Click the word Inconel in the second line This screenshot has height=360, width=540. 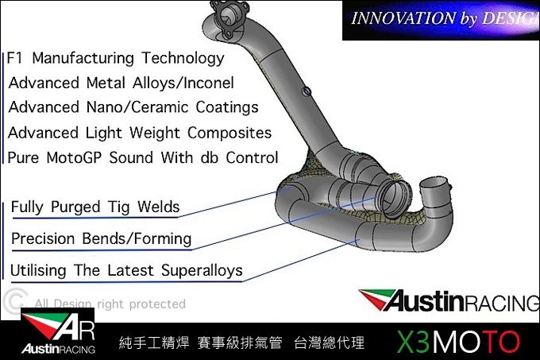[x=209, y=83]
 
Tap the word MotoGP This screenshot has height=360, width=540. [x=74, y=158]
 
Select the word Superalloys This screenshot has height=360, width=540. [x=202, y=271]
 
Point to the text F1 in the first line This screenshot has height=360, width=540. [x=14, y=58]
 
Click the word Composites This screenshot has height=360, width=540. [x=229, y=133]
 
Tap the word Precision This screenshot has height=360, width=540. [x=43, y=238]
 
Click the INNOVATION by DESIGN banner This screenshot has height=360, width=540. [x=442, y=20]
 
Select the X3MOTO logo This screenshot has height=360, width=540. [x=457, y=342]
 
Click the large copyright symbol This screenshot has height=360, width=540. [x=15, y=302]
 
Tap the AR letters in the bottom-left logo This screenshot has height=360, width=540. [x=75, y=328]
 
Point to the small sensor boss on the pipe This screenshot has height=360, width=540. [x=307, y=91]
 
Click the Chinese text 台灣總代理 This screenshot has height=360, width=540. [x=329, y=343]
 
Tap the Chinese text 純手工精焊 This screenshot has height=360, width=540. [x=154, y=343]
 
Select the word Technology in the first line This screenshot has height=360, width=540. [x=183, y=58]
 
